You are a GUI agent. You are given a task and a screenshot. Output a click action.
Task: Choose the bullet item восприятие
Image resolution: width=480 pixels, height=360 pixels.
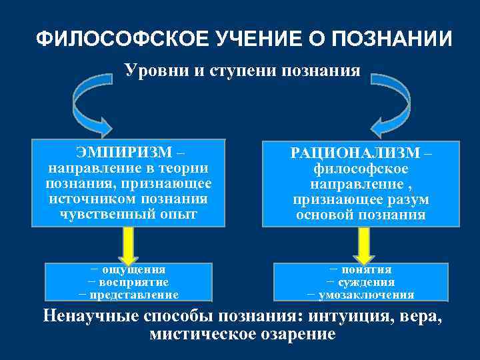coord(131,282)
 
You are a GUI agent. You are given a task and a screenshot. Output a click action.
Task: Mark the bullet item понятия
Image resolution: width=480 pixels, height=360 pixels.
coord(366,269)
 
